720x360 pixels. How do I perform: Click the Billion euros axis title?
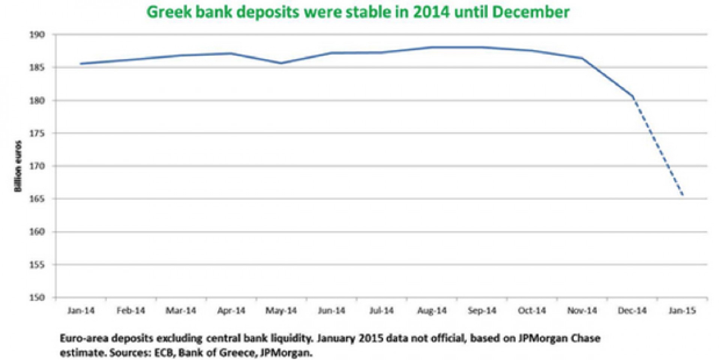coord(18,166)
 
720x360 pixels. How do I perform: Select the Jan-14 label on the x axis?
coord(81,311)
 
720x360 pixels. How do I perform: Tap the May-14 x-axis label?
coord(281,311)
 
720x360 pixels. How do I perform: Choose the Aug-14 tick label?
coord(432,311)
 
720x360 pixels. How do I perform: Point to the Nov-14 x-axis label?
coord(582,311)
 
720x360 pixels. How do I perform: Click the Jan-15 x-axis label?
coord(682,311)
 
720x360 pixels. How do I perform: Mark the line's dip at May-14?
coord(281,63)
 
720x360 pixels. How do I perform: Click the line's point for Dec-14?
coord(633,97)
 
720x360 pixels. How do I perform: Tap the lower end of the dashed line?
coord(683,195)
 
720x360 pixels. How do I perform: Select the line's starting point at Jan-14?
coord(81,64)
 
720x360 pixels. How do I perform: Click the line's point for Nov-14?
coord(582,58)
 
